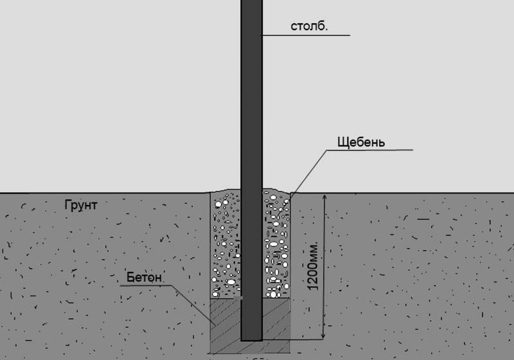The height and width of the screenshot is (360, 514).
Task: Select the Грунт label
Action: pyautogui.click(x=81, y=206)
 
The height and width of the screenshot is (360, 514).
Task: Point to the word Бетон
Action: pyautogui.click(x=140, y=278)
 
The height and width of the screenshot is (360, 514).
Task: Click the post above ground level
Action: pyautogui.click(x=251, y=96)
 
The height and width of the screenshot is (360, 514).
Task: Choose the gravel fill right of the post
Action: pyautogui.click(x=276, y=244)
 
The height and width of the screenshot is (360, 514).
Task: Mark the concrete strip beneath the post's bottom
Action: pyautogui.click(x=251, y=347)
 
